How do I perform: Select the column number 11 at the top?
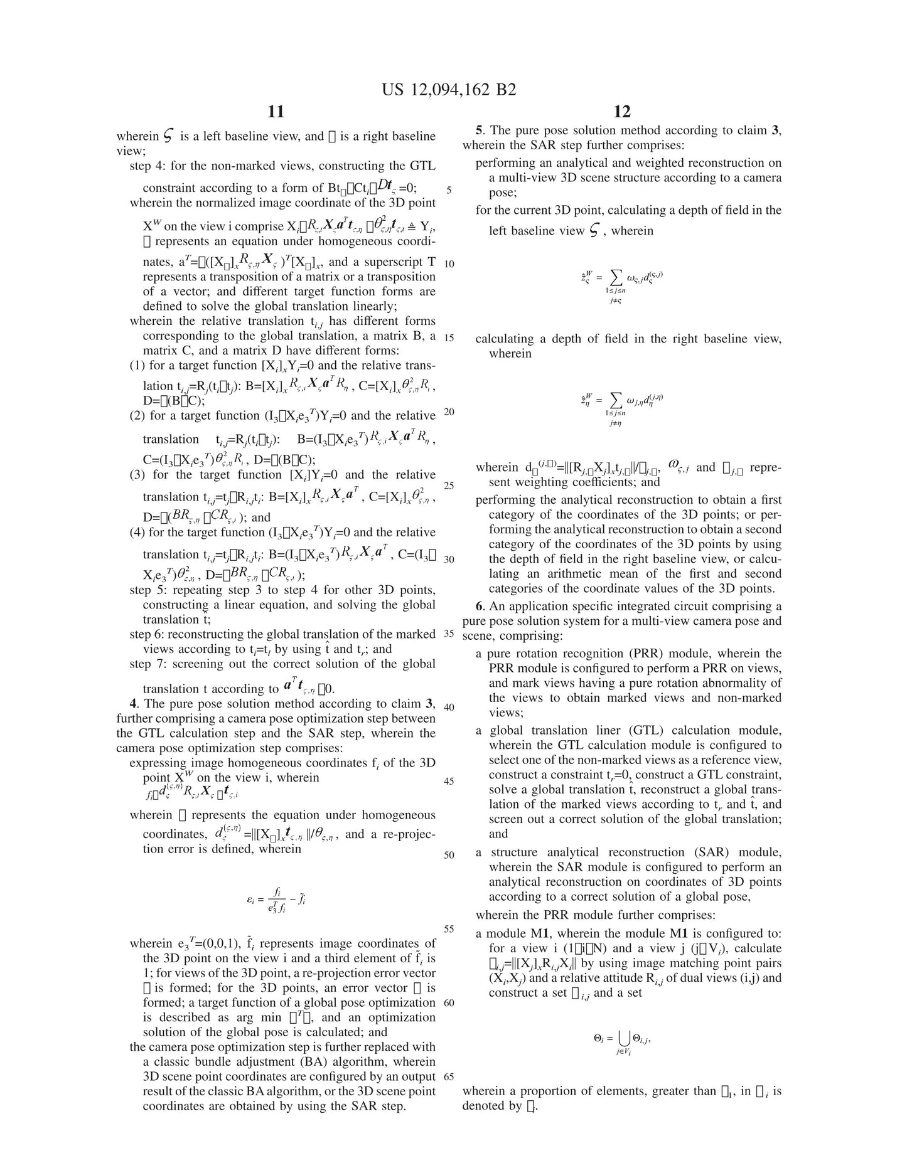point(276,112)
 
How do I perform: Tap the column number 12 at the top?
point(621,112)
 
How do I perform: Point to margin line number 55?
point(448,929)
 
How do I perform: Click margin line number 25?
point(448,486)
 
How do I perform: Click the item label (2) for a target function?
point(137,416)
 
